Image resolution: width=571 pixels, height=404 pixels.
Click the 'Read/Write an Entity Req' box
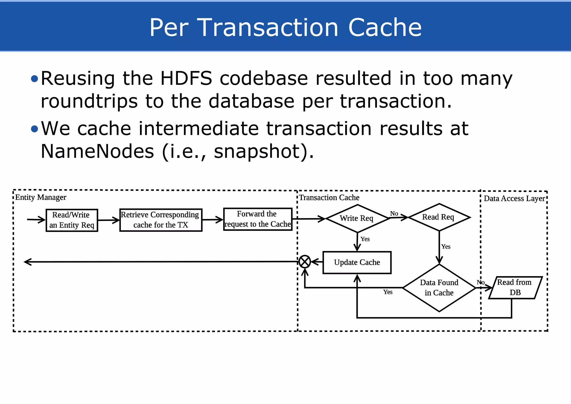(x=72, y=220)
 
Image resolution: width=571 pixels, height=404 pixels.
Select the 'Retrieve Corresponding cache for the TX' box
(x=161, y=220)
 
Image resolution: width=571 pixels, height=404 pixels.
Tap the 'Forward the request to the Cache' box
(x=258, y=219)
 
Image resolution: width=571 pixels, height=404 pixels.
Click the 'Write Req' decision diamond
(x=357, y=218)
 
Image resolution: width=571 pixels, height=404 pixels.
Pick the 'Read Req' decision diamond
(x=439, y=217)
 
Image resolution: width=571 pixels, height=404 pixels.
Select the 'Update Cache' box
(x=357, y=263)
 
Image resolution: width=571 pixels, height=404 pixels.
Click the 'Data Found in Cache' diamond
(x=439, y=288)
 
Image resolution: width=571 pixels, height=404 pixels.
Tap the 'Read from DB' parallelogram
(x=515, y=287)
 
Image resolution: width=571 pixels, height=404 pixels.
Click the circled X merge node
(x=305, y=262)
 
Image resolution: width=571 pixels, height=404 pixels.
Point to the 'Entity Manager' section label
(x=41, y=197)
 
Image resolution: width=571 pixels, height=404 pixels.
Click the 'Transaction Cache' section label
(x=329, y=198)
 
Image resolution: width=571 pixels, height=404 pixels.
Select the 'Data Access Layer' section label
(x=514, y=198)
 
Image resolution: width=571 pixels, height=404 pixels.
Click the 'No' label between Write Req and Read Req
(x=394, y=213)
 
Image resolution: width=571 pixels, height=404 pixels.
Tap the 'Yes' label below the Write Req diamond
(x=365, y=239)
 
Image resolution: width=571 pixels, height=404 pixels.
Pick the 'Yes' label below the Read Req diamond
(x=446, y=247)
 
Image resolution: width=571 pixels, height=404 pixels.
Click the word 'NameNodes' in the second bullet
(x=97, y=151)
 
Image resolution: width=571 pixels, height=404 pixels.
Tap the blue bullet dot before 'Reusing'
(x=34, y=79)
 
